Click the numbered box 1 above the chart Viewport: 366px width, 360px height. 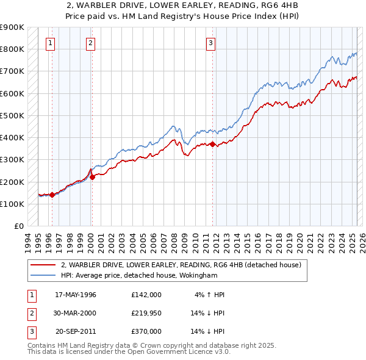coord(49,43)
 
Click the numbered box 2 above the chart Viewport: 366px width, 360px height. coord(90,43)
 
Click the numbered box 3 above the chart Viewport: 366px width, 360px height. coord(210,43)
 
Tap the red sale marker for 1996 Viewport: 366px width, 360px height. coord(52,195)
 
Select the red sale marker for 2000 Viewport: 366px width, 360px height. coord(93,178)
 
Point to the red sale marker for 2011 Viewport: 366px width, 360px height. coord(213,145)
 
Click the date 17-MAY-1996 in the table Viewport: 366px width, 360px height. coord(76,295)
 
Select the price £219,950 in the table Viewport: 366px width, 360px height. coord(146,313)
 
